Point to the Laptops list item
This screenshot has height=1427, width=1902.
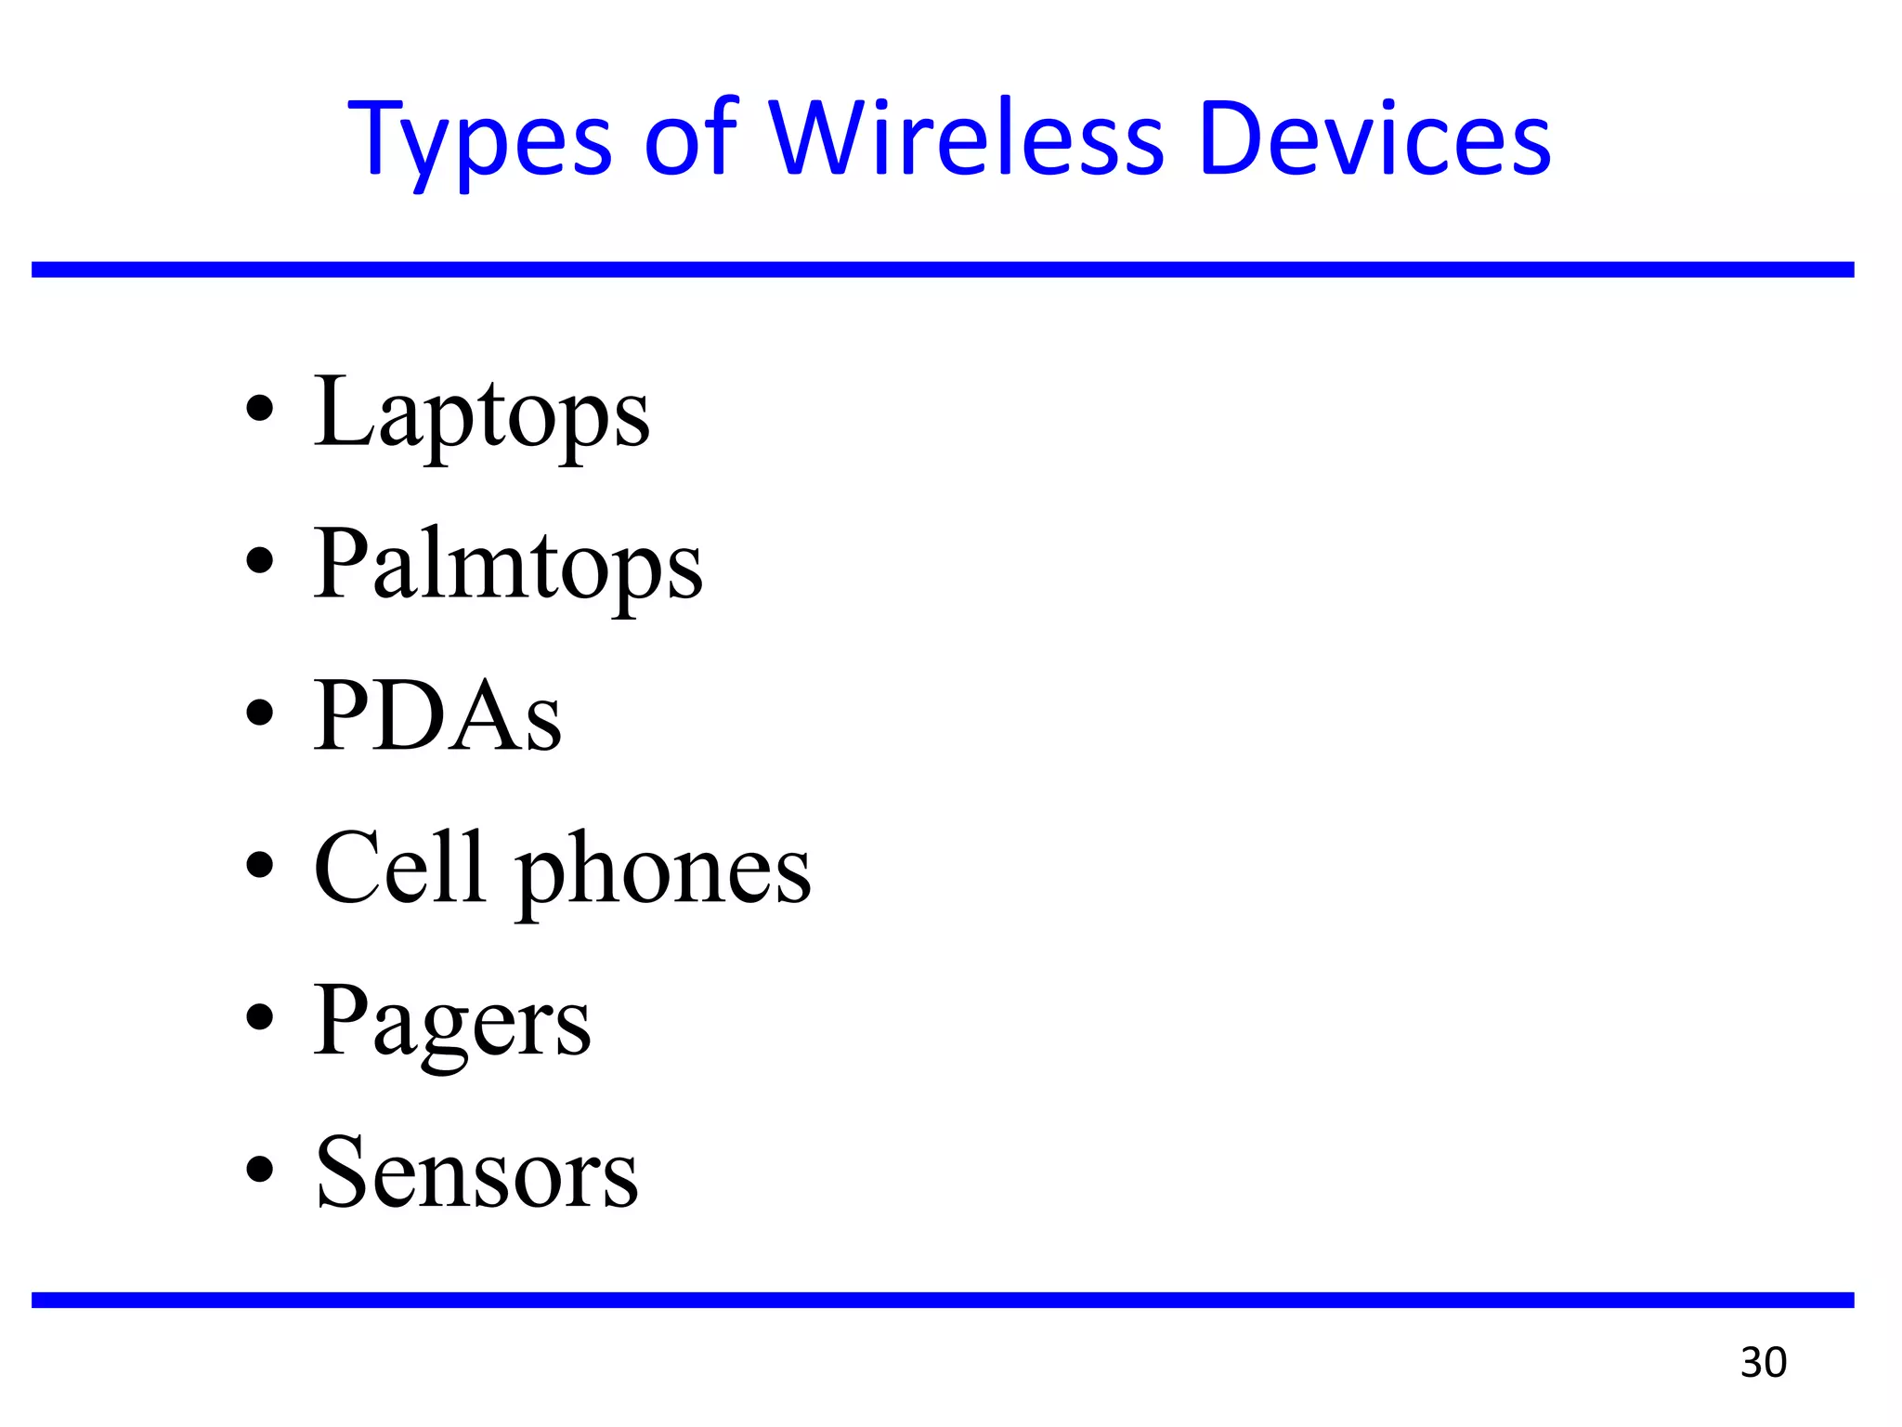click(x=481, y=413)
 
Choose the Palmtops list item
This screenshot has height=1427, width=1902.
click(x=507, y=565)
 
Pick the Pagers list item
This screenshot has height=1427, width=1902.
click(x=451, y=1022)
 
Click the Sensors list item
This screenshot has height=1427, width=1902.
click(x=476, y=1172)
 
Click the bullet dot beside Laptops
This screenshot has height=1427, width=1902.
click(x=260, y=409)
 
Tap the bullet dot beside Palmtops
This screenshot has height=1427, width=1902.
click(x=260, y=560)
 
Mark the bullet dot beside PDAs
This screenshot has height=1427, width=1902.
click(x=260, y=713)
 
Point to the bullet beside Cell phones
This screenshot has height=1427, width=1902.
click(x=260, y=865)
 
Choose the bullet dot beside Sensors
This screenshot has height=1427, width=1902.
click(x=260, y=1169)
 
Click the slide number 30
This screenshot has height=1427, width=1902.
click(x=1763, y=1363)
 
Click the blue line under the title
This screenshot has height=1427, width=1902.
click(x=943, y=269)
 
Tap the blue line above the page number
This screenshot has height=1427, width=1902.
click(x=943, y=1300)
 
